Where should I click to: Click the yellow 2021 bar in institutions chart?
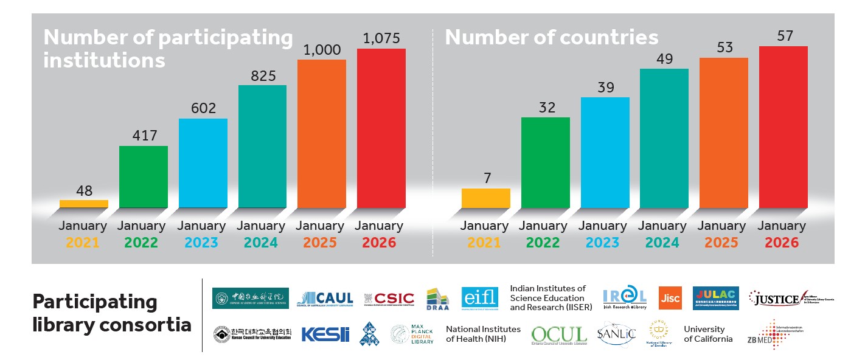click(84, 204)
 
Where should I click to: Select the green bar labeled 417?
click(143, 177)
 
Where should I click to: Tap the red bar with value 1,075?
click(381, 128)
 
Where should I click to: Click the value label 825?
click(263, 76)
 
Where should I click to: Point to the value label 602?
click(203, 108)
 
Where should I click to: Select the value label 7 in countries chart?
click(487, 178)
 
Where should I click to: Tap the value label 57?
click(785, 36)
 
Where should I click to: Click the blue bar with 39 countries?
click(605, 152)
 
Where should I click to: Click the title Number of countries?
click(551, 38)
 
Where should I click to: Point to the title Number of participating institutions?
click(168, 49)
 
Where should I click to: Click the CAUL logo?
click(325, 298)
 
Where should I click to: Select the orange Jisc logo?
click(670, 298)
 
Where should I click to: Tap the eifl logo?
click(479, 298)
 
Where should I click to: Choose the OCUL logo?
click(558, 335)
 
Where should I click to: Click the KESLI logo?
click(325, 335)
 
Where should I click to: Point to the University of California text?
click(707, 334)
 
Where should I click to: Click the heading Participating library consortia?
click(111, 313)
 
